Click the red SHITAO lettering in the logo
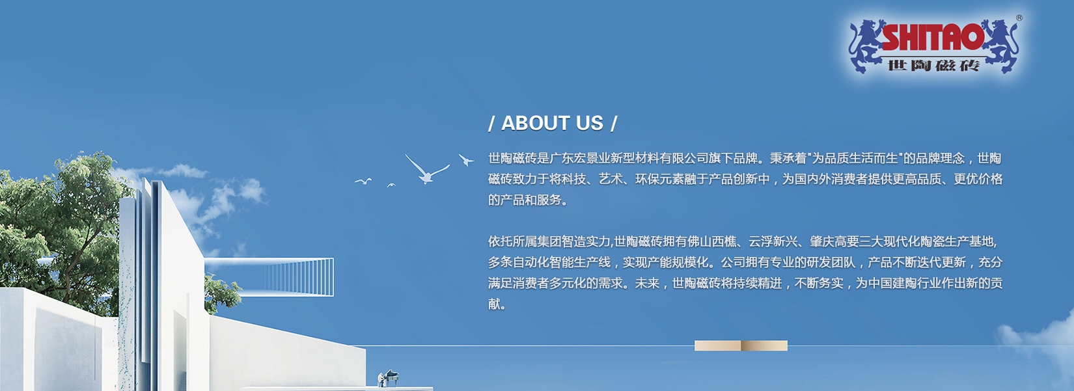point(932,37)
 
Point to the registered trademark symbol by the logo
point(1019,18)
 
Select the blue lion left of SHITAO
point(866,46)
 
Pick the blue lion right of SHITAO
point(1000,46)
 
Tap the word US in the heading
point(589,123)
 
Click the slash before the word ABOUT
point(491,123)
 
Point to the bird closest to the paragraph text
point(465,159)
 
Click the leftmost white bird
point(363,181)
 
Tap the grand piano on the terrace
point(389,377)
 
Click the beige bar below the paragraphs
point(741,345)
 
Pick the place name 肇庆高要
point(834,241)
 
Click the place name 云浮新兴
point(773,241)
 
